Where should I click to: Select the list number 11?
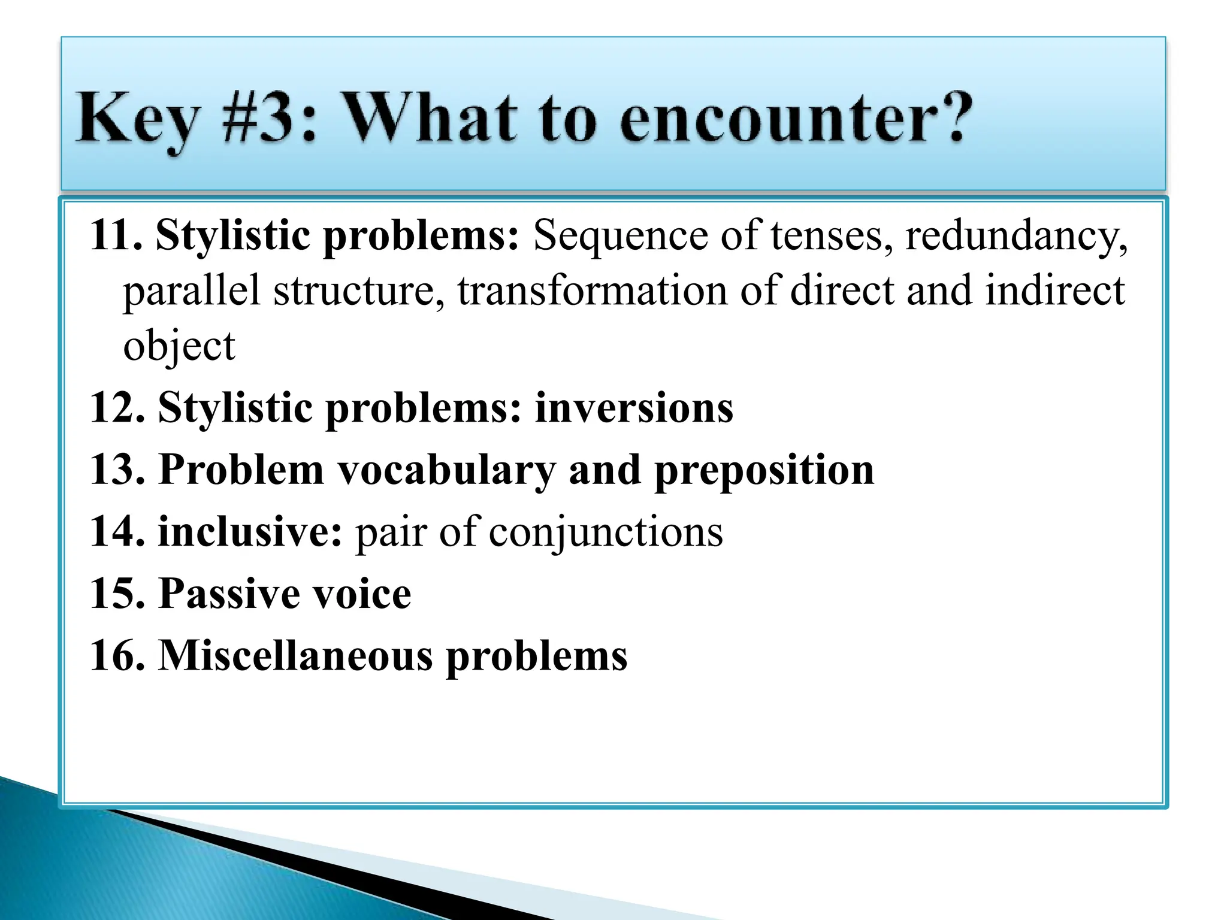click(x=116, y=235)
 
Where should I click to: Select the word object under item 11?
click(x=179, y=346)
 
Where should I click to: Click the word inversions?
click(x=633, y=408)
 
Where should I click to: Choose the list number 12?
click(x=117, y=408)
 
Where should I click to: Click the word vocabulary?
click(x=447, y=470)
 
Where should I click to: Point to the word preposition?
click(x=764, y=471)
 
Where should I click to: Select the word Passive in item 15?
click(x=228, y=594)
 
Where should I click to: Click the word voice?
click(x=362, y=594)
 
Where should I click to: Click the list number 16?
click(x=117, y=655)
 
